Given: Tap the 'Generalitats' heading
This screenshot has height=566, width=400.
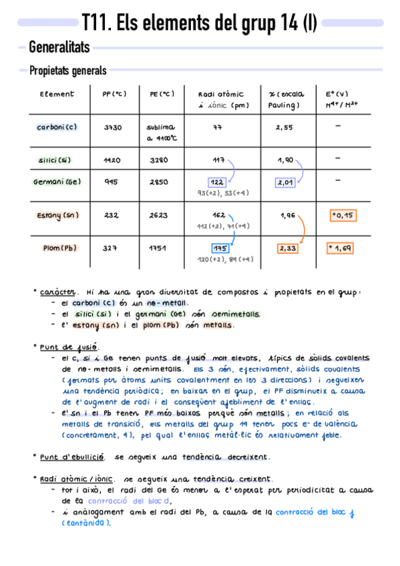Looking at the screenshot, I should [59, 47].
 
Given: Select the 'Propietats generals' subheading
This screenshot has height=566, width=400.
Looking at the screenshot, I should [67, 71].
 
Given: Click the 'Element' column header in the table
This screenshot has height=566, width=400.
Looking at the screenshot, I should [57, 94].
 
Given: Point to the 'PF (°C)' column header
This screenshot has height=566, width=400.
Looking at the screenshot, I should [114, 94].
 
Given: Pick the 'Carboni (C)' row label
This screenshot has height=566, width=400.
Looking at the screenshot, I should [57, 127].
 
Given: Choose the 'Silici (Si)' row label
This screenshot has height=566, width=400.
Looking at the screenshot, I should [55, 160].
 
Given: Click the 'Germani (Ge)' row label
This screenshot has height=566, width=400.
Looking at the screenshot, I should [57, 182].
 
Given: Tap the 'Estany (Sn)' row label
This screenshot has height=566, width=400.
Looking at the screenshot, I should [57, 215].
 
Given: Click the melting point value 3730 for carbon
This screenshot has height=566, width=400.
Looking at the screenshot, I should [113, 127].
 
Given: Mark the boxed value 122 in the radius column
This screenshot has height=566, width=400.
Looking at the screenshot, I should [217, 182].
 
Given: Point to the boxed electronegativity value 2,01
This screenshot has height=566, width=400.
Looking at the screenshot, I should [285, 182].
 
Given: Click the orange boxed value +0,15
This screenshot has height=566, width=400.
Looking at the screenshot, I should [343, 215].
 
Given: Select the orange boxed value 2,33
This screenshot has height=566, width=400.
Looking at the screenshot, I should [288, 248].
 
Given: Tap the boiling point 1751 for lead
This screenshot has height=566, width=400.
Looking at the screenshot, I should [158, 248].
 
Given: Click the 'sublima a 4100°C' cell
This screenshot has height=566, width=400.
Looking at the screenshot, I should [160, 132].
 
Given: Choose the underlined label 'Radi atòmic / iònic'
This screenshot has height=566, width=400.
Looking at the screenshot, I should [76, 479].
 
